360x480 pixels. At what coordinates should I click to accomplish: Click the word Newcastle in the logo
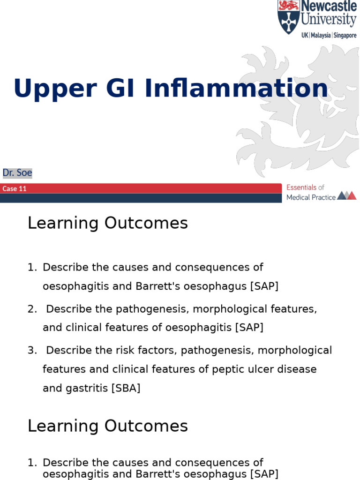[x=328, y=7]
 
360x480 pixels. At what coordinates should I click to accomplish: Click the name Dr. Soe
[x=17, y=173]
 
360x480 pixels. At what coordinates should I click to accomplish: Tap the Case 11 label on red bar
[x=15, y=189]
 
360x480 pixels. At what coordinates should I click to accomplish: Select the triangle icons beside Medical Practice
[x=347, y=195]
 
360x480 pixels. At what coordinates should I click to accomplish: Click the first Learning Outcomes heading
[x=107, y=223]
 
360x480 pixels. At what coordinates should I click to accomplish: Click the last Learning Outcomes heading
[x=107, y=426]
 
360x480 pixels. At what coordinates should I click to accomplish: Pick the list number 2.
[x=31, y=309]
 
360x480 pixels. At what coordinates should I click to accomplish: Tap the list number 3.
[x=31, y=350]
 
